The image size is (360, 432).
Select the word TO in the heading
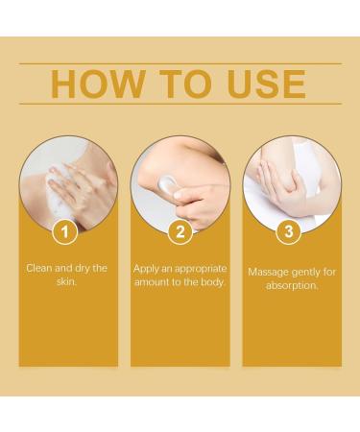point(181,84)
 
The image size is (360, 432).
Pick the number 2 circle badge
point(180,231)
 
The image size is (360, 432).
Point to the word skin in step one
point(68,282)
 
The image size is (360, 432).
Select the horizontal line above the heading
point(180,63)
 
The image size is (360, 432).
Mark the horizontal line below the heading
point(180,104)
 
